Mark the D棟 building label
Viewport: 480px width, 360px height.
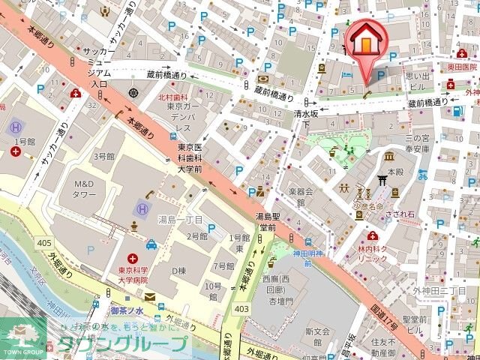tap(178, 270)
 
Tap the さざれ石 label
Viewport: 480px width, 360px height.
tap(399, 213)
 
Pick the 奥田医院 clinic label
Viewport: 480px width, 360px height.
tap(463, 67)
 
